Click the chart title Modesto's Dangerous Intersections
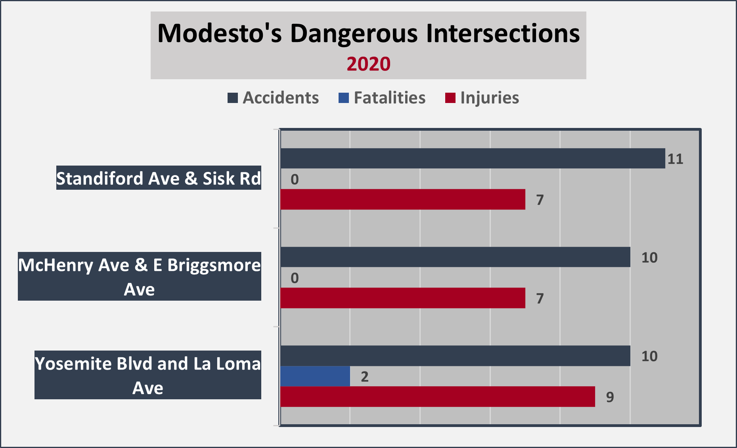pyautogui.click(x=368, y=33)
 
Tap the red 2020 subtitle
pyautogui.click(x=368, y=64)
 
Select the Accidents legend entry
pyautogui.click(x=273, y=98)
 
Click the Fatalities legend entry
pyautogui.click(x=382, y=98)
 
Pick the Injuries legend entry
pyautogui.click(x=482, y=98)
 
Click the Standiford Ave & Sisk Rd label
pyautogui.click(x=159, y=178)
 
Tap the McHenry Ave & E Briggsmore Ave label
pyautogui.click(x=140, y=276)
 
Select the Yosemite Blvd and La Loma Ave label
pyautogui.click(x=148, y=375)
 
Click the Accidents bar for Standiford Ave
pyautogui.click(x=473, y=158)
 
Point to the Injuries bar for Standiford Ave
pyautogui.click(x=403, y=199)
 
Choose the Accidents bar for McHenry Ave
pyautogui.click(x=455, y=257)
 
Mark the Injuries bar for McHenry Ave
pyautogui.click(x=403, y=298)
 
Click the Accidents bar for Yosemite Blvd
pyautogui.click(x=455, y=356)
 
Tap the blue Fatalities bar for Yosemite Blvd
pyautogui.click(x=315, y=376)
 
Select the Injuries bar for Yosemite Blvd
pyautogui.click(x=438, y=397)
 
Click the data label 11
pyautogui.click(x=675, y=159)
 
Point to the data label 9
pyautogui.click(x=610, y=397)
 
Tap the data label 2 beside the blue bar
pyautogui.click(x=365, y=377)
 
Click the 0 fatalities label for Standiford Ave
pyautogui.click(x=295, y=180)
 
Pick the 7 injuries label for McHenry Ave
pyautogui.click(x=540, y=299)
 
